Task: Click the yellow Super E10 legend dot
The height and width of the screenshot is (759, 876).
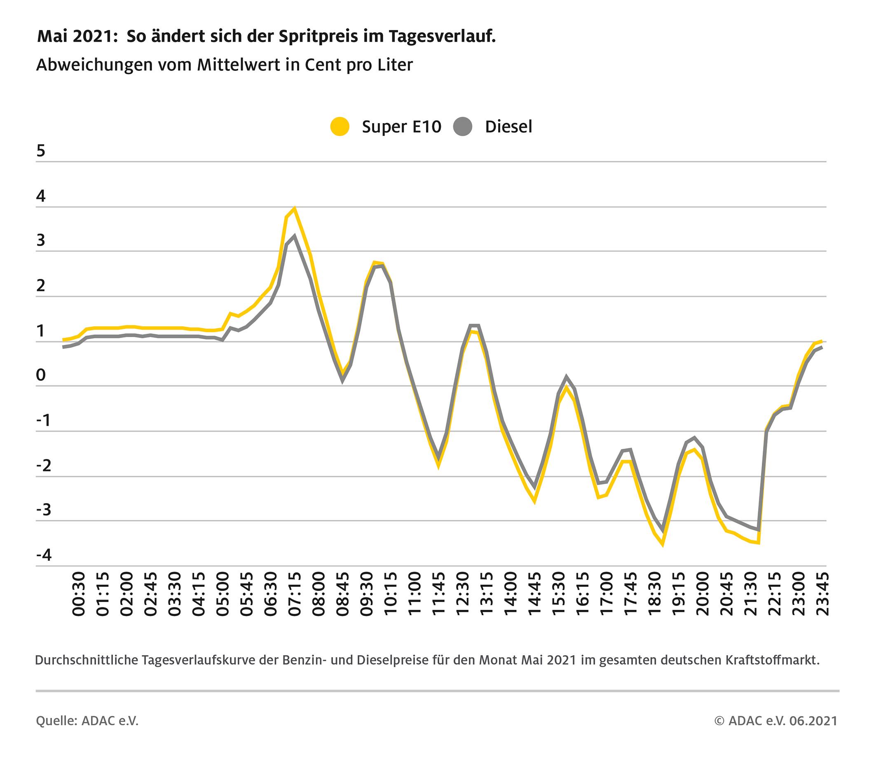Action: tap(340, 126)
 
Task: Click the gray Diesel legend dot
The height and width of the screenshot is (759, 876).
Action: tap(463, 126)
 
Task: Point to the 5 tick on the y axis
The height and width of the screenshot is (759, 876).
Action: tap(41, 151)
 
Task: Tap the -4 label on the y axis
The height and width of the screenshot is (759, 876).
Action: tap(44, 555)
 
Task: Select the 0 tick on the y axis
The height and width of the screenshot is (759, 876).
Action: tap(41, 375)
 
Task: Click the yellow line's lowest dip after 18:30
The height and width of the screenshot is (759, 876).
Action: tap(663, 545)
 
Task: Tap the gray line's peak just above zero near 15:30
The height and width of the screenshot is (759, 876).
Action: tap(566, 376)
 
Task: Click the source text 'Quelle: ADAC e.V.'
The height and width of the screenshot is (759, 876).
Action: tap(87, 720)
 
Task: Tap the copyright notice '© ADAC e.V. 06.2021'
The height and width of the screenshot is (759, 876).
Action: tap(776, 720)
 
